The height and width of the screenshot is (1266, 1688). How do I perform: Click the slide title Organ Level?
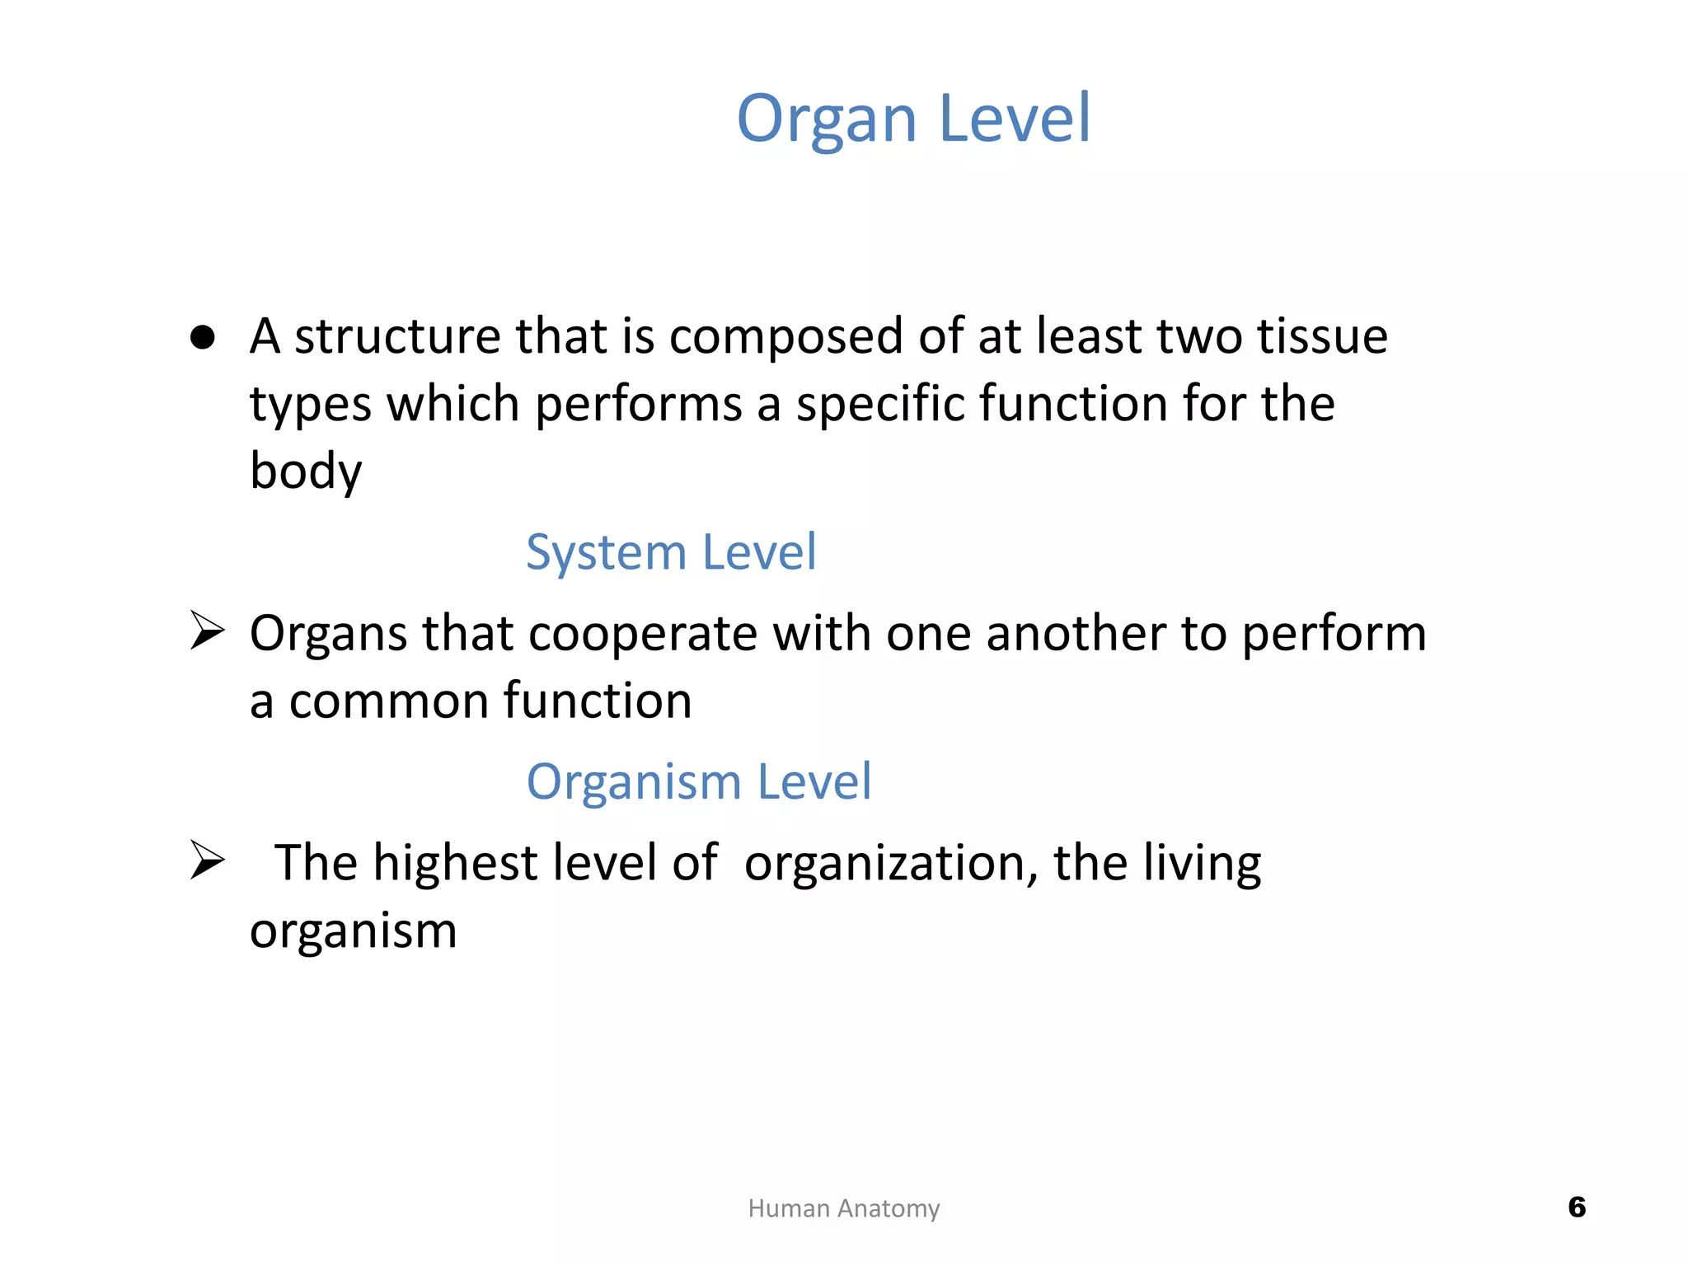pyautogui.click(x=913, y=119)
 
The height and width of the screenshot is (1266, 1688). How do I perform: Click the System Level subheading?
pyautogui.click(x=671, y=551)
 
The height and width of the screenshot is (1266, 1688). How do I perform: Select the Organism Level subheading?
pyautogui.click(x=698, y=781)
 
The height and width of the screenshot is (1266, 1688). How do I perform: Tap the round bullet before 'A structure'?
pyautogui.click(x=202, y=337)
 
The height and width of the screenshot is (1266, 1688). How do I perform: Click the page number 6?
pyautogui.click(x=1576, y=1207)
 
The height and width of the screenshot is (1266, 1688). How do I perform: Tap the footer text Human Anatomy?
pyautogui.click(x=843, y=1208)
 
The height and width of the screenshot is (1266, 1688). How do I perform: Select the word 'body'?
pyautogui.click(x=306, y=472)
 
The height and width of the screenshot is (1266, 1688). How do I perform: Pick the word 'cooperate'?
pyautogui.click(x=642, y=634)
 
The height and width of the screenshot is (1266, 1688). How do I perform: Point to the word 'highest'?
pyautogui.click(x=455, y=863)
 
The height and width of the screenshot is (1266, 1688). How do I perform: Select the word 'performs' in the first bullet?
pyautogui.click(x=639, y=405)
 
